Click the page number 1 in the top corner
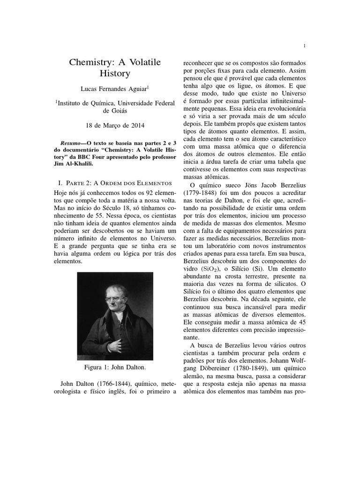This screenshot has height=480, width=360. coord(305,46)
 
